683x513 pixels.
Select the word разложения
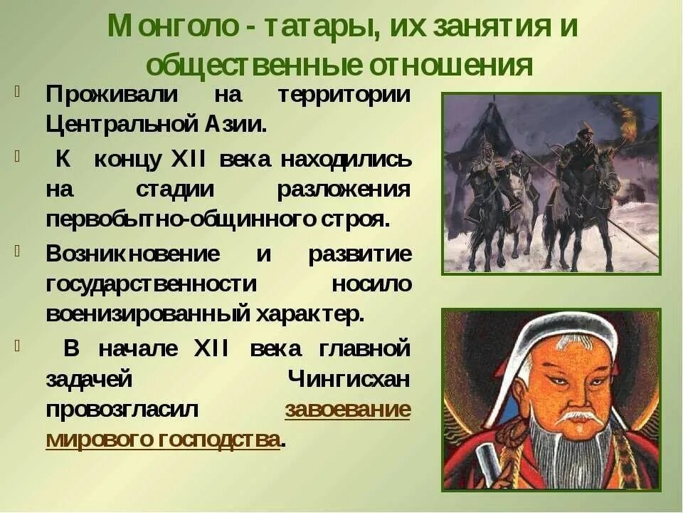tap(343, 189)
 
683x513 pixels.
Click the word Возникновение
tap(133, 254)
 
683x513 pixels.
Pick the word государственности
tap(151, 284)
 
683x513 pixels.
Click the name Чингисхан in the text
tap(349, 379)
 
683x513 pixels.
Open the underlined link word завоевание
tap(347, 410)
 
